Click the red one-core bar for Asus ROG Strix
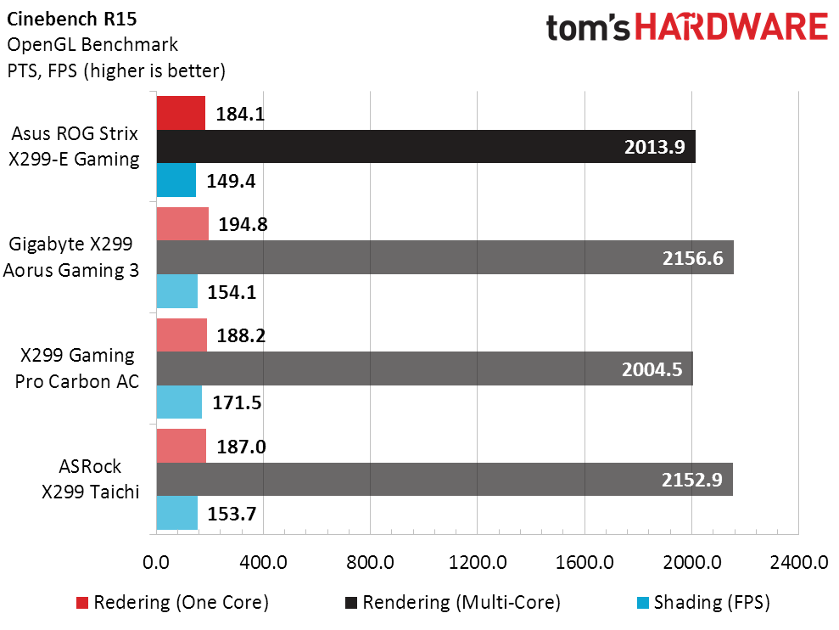[181, 113]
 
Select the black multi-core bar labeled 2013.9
[424, 146]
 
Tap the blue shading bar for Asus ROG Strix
[176, 179]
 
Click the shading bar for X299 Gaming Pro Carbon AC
[179, 402]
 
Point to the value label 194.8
[240, 224]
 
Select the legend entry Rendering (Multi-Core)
[461, 603]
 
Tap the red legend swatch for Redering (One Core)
[82, 603]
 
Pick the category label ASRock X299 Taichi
[90, 479]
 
